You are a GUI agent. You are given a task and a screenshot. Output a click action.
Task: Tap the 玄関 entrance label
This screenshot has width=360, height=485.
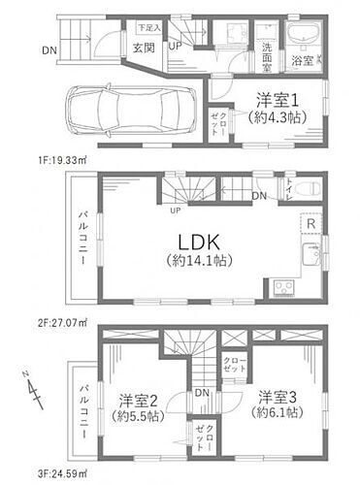pos(144,47)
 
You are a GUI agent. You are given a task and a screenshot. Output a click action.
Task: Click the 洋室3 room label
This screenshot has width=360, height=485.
pos(278,404)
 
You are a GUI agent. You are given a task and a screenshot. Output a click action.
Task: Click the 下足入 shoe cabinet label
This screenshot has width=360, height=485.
pos(148,27)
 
